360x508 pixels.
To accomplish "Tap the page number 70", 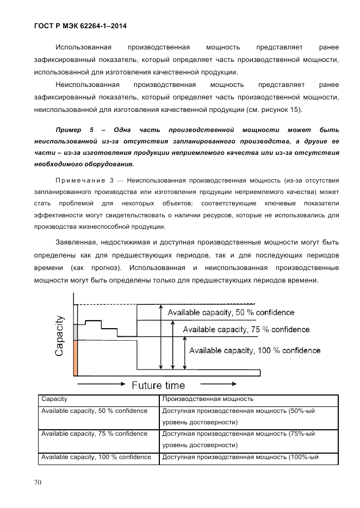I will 38,481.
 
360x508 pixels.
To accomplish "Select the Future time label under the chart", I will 158,385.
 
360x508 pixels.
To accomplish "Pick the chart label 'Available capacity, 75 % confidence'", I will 246,329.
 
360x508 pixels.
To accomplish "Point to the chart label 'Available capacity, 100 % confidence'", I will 254,350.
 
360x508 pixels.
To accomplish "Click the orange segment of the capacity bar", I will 76,358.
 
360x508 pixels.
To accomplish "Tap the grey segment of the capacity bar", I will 76,331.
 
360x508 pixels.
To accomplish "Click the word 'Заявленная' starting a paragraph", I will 77,242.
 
